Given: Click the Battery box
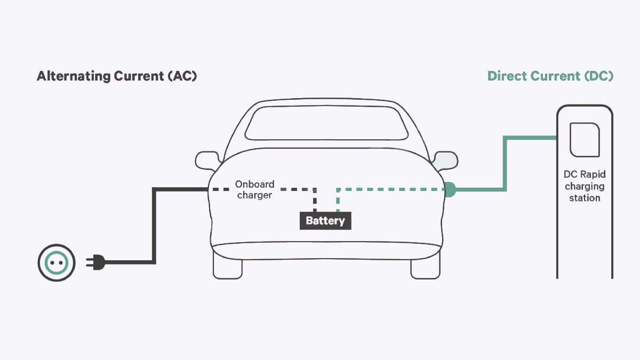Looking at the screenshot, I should [325, 221].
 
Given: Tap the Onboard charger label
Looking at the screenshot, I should [254, 189].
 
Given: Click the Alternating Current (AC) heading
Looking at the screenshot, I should [117, 76].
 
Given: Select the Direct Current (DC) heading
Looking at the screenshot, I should [550, 76].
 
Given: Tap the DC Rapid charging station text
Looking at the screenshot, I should [585, 186].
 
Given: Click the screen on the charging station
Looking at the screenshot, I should [585, 140].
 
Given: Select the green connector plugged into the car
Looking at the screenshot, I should [449, 189].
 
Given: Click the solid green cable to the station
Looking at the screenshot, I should [505, 160].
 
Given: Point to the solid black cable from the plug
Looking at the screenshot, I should [154, 224].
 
